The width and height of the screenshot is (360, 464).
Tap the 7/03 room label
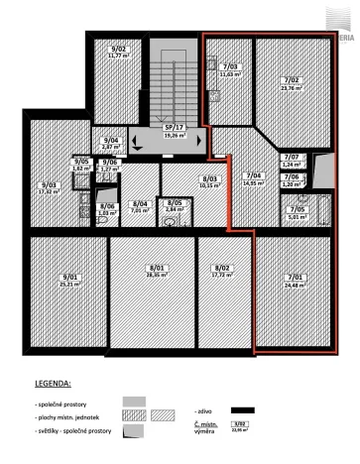[229, 65]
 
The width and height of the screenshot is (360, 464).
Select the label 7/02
[291, 80]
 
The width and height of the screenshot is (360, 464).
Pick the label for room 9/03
[47, 184]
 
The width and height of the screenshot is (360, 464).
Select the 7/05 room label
[298, 209]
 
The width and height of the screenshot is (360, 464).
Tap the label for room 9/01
[68, 278]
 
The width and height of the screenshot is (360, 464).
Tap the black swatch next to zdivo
[241, 407]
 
